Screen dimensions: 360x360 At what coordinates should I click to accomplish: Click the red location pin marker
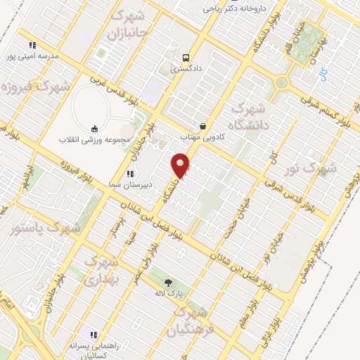[181, 165]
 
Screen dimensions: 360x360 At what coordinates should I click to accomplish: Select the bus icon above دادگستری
[185, 58]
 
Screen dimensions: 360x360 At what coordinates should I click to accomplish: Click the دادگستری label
[186, 70]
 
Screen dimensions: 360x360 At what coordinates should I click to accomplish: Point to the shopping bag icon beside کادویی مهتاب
[202, 126]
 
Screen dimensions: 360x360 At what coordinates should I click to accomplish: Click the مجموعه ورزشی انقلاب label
[94, 139]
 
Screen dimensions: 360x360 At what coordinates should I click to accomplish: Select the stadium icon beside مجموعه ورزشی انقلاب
[94, 128]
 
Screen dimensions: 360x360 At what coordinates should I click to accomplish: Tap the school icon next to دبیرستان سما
[129, 173]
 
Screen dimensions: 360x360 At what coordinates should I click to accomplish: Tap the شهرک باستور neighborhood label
[46, 229]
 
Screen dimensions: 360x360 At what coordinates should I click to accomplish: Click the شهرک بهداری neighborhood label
[102, 269]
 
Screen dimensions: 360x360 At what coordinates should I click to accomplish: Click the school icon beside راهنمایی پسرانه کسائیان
[92, 334]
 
